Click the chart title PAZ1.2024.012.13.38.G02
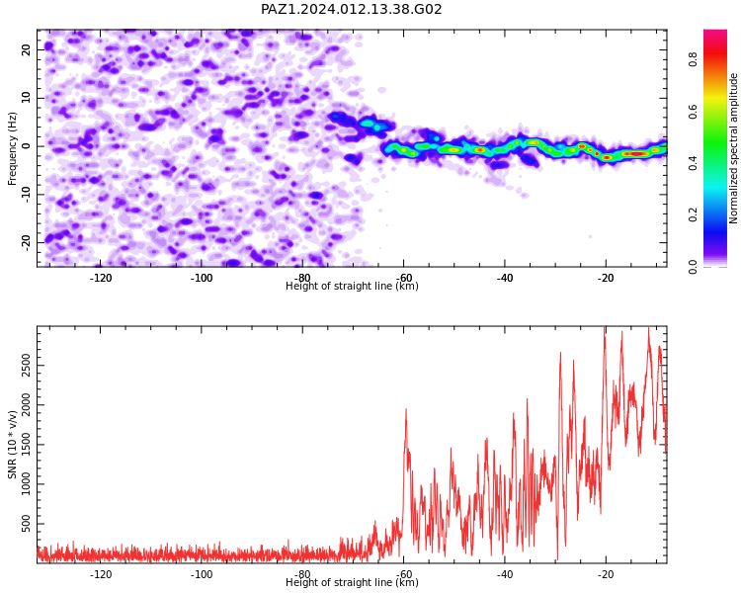[351, 9]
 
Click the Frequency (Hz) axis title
[12, 148]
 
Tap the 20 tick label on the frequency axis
[27, 49]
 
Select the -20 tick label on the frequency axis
[27, 243]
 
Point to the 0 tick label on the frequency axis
[27, 146]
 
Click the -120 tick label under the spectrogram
[100, 278]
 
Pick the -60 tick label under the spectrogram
[403, 278]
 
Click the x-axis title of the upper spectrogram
[352, 286]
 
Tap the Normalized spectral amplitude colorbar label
[733, 148]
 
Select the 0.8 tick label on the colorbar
[693, 59]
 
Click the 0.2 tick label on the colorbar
[693, 214]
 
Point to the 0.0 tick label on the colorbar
[693, 266]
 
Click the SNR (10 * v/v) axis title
[12, 445]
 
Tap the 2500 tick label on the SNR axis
[27, 365]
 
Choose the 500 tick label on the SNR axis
[27, 524]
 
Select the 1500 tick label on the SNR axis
[27, 445]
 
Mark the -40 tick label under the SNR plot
[504, 574]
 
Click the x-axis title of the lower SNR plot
[352, 582]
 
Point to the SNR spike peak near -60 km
[406, 409]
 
